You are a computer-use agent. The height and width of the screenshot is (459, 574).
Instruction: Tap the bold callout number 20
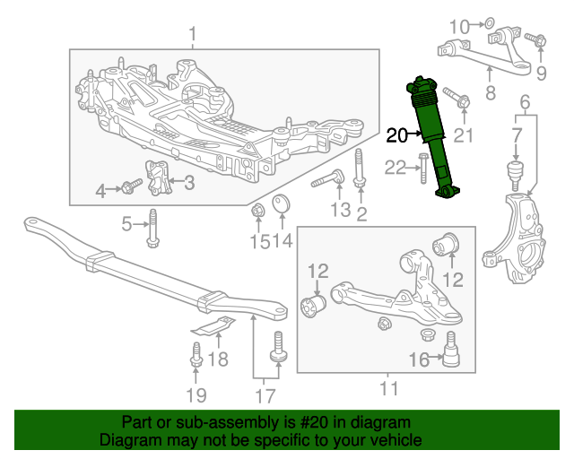(x=397, y=135)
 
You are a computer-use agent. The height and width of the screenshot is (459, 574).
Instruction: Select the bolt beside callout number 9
(x=535, y=39)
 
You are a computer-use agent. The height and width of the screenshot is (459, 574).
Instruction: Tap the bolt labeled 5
(x=152, y=228)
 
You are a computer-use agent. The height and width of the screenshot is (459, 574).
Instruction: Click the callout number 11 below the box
(x=387, y=388)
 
